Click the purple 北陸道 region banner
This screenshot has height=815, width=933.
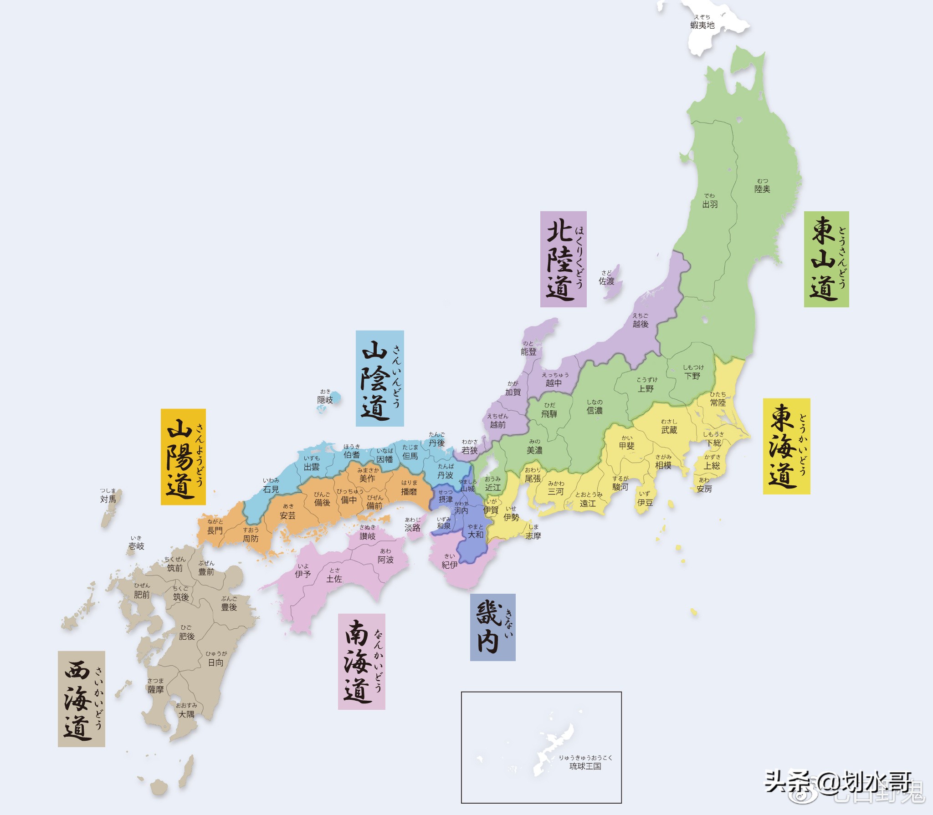(563, 259)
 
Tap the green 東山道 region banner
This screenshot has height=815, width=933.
(826, 259)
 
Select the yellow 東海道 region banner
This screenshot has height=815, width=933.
(786, 446)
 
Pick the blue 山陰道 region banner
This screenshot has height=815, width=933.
(379, 378)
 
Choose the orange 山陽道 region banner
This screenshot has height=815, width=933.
(183, 456)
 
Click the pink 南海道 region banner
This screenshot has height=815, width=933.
(361, 661)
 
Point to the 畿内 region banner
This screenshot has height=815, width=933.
(492, 627)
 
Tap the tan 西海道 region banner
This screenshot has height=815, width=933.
(81, 698)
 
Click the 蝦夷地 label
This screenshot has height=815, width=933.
(702, 25)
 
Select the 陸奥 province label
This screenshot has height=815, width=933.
(762, 188)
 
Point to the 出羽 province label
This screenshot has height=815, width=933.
(710, 204)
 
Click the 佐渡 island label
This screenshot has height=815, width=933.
(606, 281)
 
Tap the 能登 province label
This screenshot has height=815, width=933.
(528, 351)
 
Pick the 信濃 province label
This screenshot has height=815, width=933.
(595, 410)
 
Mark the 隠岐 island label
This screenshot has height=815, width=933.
(325, 399)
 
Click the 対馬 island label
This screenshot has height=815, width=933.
(108, 499)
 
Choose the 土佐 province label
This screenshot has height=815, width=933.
(334, 578)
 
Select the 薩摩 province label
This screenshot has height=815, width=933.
(155, 689)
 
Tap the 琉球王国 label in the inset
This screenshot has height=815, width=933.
(585, 766)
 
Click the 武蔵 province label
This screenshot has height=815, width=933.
(669, 429)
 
